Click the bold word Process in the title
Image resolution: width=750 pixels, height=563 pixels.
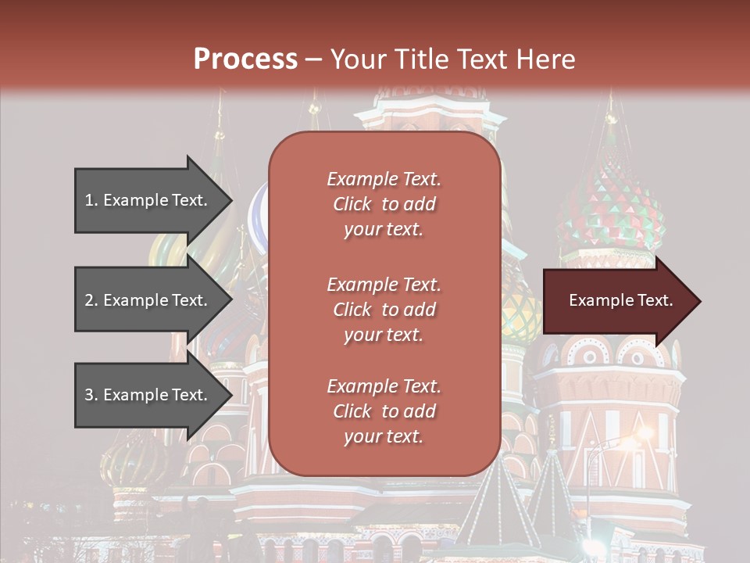tap(245, 59)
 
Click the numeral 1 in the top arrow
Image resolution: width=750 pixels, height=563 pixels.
tap(89, 200)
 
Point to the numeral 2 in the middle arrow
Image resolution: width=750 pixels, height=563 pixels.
tap(89, 300)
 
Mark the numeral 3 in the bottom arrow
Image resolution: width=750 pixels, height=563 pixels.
tap(89, 395)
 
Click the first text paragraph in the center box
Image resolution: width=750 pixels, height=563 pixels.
tap(384, 204)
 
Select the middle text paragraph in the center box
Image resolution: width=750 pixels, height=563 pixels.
tap(384, 310)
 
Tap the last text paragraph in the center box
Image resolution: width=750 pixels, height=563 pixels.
tap(384, 411)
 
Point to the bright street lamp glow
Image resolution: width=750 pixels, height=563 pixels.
tap(643, 432)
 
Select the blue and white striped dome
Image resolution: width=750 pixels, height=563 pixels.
tap(258, 215)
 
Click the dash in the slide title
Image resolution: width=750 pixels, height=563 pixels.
tap(313, 59)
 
